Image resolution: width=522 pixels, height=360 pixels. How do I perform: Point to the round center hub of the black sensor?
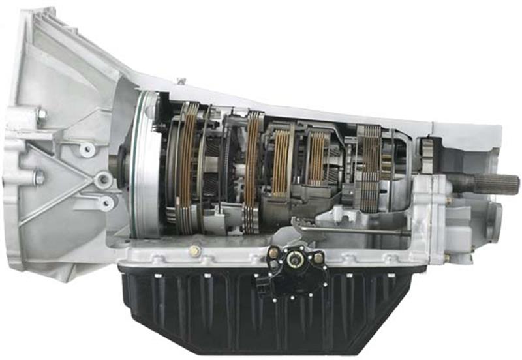296,262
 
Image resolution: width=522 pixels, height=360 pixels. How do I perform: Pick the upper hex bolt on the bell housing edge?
40,117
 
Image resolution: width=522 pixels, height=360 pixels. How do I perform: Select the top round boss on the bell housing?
86,149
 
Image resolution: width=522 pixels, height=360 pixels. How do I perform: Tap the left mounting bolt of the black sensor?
273,252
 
